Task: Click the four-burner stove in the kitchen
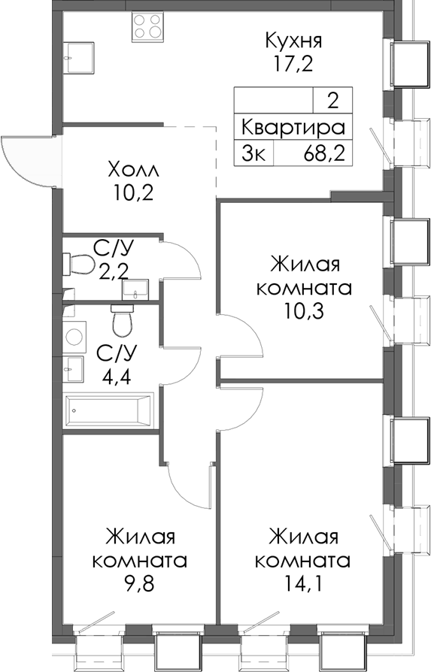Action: pos(149,26)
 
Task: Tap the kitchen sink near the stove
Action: pos(78,53)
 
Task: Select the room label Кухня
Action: pos(294,38)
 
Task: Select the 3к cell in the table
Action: pos(253,153)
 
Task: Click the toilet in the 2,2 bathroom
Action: pos(78,264)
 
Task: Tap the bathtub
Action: pos(109,410)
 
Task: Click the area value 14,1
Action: pos(302,583)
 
